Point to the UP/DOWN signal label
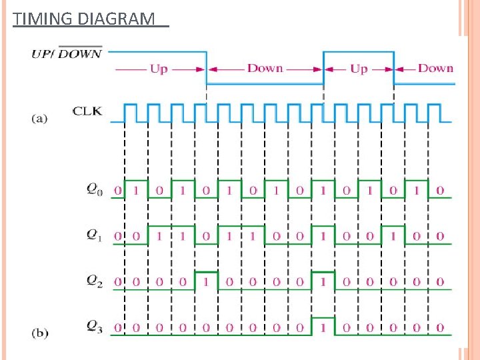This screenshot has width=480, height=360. click(x=66, y=53)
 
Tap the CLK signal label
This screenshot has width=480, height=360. click(x=87, y=111)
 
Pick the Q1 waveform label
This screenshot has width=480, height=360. click(x=95, y=235)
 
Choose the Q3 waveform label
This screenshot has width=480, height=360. click(x=95, y=326)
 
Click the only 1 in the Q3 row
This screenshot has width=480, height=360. click(x=323, y=327)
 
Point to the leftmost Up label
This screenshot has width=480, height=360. click(x=159, y=69)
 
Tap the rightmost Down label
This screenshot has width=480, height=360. click(x=435, y=68)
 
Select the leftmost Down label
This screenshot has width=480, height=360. click(x=265, y=68)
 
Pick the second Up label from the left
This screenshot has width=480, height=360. click(x=359, y=69)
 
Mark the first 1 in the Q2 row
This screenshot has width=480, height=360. click(x=206, y=282)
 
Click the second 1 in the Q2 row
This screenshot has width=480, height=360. click(x=323, y=282)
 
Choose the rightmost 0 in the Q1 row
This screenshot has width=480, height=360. click(x=440, y=236)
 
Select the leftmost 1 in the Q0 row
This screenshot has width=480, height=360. click(x=136, y=191)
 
